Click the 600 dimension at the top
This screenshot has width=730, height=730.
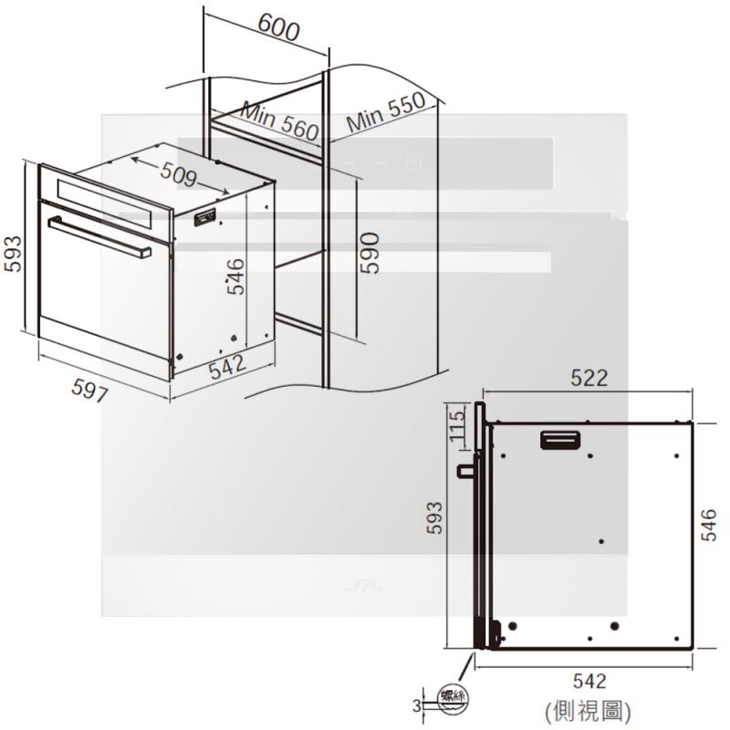click(x=278, y=27)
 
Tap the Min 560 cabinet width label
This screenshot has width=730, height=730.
click(x=279, y=122)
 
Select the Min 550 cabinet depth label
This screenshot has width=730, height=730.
click(x=385, y=111)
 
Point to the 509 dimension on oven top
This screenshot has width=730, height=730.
click(x=178, y=175)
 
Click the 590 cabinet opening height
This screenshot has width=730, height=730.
click(x=370, y=254)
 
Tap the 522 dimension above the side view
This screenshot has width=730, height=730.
click(x=589, y=378)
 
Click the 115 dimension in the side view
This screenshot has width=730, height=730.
click(x=457, y=424)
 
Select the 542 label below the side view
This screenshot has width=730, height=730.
click(x=589, y=681)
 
